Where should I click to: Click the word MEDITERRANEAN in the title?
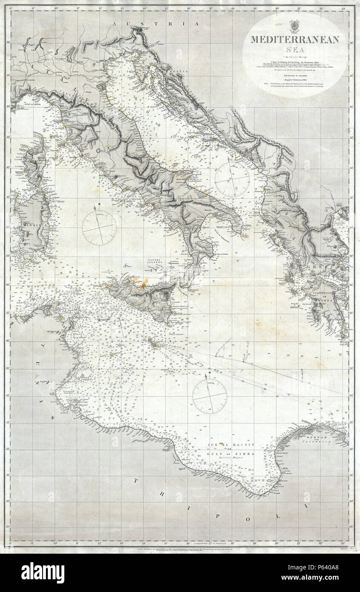coord(295,40)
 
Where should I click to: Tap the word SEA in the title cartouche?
coord(295,51)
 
